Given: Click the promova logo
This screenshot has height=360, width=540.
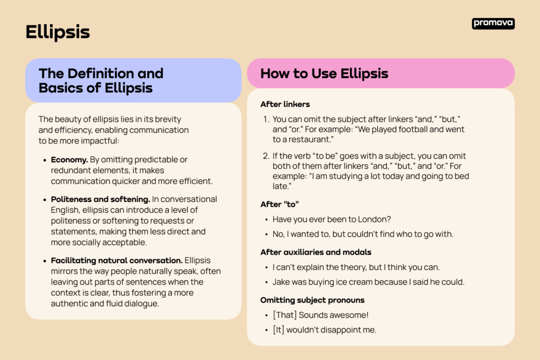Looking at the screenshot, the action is coord(493,23).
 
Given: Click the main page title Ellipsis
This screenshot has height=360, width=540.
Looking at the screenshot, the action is coord(57,33).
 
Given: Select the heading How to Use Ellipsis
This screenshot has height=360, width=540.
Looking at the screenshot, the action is coord(324,74).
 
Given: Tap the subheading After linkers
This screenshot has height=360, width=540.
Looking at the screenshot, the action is coord(285,104).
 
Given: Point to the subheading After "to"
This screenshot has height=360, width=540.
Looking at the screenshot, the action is coord(279,205).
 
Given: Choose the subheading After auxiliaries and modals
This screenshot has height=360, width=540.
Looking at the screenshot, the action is coord(315,252).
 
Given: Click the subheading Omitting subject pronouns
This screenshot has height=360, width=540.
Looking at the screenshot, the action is coord(312,300).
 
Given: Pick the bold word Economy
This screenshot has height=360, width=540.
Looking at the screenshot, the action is coord(70,160).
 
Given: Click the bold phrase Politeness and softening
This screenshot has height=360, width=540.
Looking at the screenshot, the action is coord(101,199).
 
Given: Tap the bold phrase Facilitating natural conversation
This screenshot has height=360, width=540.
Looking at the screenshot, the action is coord(117,260).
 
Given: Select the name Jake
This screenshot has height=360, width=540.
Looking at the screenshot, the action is coord(281,282).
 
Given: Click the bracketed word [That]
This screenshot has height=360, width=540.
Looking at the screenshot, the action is coord(285,315).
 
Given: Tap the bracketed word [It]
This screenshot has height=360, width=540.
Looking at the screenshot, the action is coord(278,330).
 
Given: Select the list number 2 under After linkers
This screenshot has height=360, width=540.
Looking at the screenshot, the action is coord(266,156).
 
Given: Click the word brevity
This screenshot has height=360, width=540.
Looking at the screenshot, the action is coord(168,120).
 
